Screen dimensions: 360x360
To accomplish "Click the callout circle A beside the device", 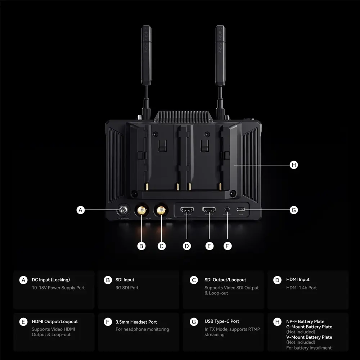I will [x=81, y=210].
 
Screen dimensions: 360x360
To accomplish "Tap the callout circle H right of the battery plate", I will [x=294, y=165].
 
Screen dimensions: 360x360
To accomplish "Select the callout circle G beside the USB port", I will [x=294, y=210].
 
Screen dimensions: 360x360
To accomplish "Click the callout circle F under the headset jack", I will [x=227, y=246].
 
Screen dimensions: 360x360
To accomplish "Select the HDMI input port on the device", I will [x=187, y=210].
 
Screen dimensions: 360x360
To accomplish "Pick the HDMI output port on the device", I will [x=209, y=210].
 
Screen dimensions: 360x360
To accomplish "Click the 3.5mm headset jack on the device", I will [x=227, y=210].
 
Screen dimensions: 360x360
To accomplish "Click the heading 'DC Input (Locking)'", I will [x=51, y=280].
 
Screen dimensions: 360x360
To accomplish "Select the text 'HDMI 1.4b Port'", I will [x=301, y=288].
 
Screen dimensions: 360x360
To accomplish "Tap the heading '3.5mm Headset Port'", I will [x=136, y=322].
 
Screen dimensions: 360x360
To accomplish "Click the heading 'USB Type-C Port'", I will [x=222, y=321].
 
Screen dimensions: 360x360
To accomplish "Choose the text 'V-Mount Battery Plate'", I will [x=309, y=337].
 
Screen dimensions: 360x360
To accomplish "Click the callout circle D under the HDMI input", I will [x=186, y=246].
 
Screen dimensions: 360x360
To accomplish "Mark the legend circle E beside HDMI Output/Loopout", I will [x=23, y=322].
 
